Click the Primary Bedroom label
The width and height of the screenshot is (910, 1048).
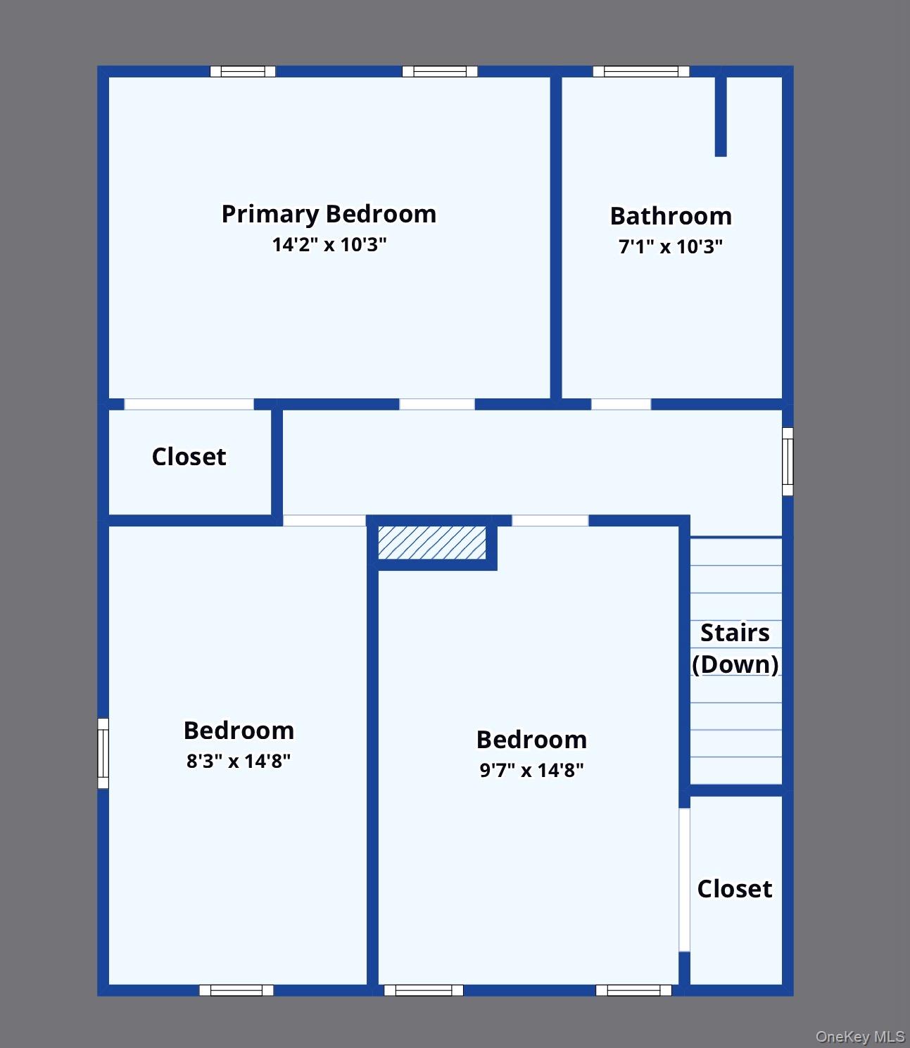329,214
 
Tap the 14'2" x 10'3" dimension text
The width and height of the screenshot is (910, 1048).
329,245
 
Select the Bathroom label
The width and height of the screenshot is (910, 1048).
671,216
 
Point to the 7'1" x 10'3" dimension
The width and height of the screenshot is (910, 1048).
671,247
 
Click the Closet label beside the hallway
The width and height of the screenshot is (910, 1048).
189,457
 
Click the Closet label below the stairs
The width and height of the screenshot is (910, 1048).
735,889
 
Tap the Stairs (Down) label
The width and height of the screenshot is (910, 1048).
735,648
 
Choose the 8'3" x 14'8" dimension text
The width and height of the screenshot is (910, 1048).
239,761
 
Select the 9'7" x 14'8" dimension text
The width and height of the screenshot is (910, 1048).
531,770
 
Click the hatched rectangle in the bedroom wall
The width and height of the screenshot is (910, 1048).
431,543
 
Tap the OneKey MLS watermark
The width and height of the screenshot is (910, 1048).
859,1036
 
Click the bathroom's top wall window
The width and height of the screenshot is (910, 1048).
640,71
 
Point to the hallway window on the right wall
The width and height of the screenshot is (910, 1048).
788,462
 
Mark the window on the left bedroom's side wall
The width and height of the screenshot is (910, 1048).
103,753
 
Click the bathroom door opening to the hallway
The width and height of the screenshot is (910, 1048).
621,404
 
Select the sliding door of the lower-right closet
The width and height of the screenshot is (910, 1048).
684,880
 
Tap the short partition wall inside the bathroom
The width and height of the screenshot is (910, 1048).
721,116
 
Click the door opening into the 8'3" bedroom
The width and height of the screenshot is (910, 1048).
324,521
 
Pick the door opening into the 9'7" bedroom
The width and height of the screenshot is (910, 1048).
550,521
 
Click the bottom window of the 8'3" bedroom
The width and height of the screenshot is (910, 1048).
236,990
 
